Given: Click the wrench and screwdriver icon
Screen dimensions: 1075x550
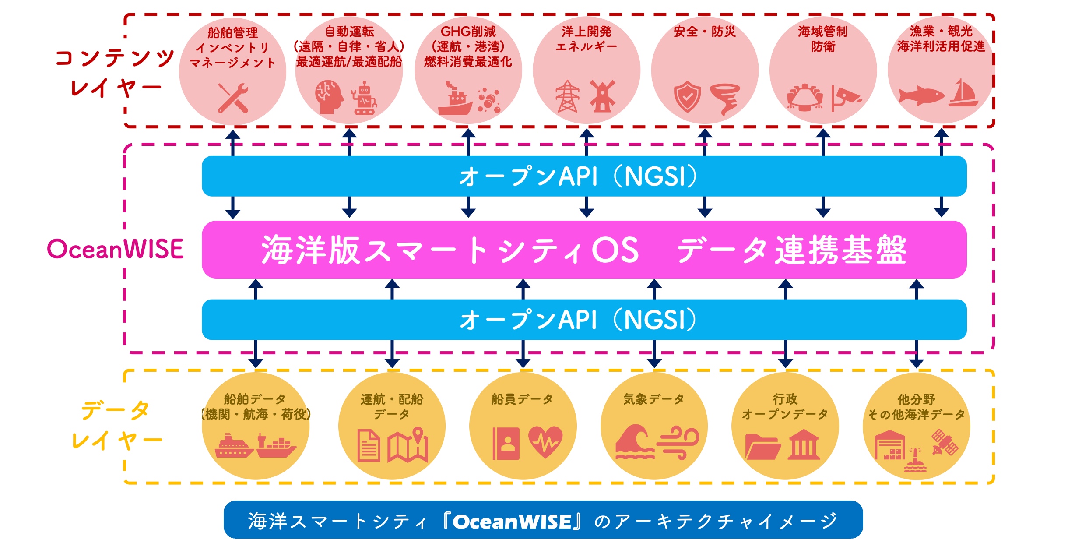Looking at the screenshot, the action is coord(233,98).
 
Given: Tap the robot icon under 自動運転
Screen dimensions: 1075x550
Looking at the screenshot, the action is coord(363,99).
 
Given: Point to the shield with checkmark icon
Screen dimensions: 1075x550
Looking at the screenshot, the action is coord(687,96).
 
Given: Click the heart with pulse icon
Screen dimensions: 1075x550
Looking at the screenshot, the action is coord(545,442).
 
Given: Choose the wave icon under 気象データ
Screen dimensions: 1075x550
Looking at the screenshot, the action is coord(634,442).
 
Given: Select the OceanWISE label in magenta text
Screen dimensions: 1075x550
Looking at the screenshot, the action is coord(115,249).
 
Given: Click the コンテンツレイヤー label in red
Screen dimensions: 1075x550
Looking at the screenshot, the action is coord(115,73).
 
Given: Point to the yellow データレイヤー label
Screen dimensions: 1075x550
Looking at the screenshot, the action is coord(116,425).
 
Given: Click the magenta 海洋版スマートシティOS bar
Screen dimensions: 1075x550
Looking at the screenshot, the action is coord(584,250).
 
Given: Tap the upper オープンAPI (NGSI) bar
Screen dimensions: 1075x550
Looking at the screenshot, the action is coord(584,176).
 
